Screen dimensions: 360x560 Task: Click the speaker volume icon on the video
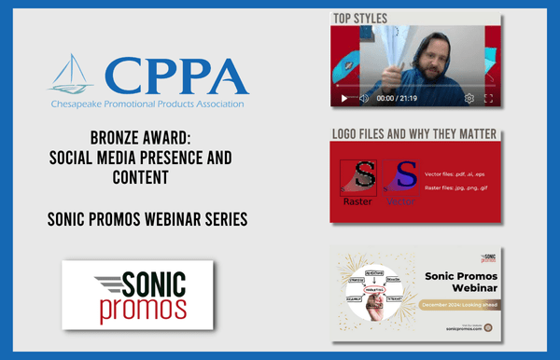pyautogui.click(x=364, y=99)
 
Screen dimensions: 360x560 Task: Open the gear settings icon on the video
pyautogui.click(x=469, y=99)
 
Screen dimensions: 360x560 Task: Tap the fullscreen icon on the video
pyautogui.click(x=489, y=99)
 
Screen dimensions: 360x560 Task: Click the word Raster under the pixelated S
pyautogui.click(x=357, y=200)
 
